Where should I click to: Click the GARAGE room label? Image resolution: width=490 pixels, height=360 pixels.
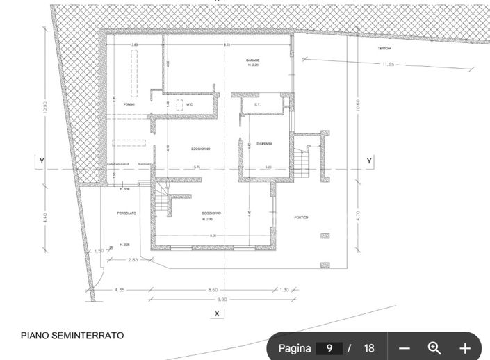click(x=252, y=60)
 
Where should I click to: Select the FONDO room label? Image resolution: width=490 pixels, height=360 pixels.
click(x=129, y=104)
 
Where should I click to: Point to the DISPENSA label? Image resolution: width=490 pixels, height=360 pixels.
click(x=264, y=144)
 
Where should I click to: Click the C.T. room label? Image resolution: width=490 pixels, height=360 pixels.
click(x=256, y=105)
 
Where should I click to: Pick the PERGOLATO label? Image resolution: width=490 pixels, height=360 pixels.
click(x=126, y=213)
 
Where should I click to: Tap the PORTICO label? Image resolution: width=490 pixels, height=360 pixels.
click(x=301, y=218)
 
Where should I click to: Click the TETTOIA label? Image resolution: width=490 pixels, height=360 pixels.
click(x=384, y=49)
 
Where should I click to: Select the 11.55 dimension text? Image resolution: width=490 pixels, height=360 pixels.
click(x=388, y=65)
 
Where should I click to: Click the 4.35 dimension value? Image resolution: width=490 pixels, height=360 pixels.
click(x=120, y=289)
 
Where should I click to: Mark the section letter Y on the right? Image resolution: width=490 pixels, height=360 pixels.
click(x=369, y=161)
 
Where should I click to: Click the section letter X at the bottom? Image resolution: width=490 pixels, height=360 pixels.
click(x=218, y=314)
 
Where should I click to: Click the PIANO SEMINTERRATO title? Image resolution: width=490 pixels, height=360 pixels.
click(x=72, y=336)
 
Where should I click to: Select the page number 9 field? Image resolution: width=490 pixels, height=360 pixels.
click(x=329, y=348)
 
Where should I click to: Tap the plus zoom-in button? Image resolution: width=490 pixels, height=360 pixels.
click(x=465, y=348)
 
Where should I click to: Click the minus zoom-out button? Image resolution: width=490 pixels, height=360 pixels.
click(x=405, y=348)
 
